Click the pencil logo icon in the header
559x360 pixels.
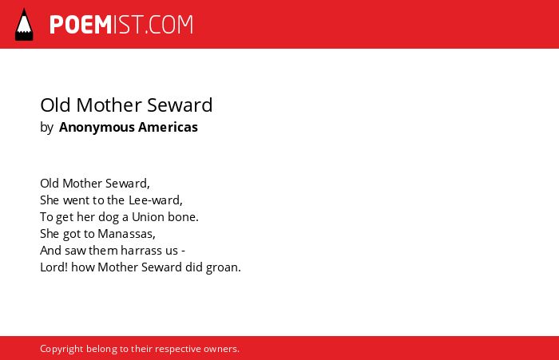click(x=24, y=24)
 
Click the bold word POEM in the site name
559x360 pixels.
click(x=81, y=25)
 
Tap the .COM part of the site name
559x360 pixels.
click(x=168, y=25)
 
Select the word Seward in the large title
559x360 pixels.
click(x=180, y=105)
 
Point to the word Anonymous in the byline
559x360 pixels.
click(x=97, y=128)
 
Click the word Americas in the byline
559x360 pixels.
click(x=168, y=127)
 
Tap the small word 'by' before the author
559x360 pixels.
click(x=46, y=128)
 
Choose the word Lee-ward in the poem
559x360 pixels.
click(x=156, y=200)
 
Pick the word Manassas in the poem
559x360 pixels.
click(x=126, y=234)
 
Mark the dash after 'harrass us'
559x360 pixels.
click(x=183, y=251)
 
